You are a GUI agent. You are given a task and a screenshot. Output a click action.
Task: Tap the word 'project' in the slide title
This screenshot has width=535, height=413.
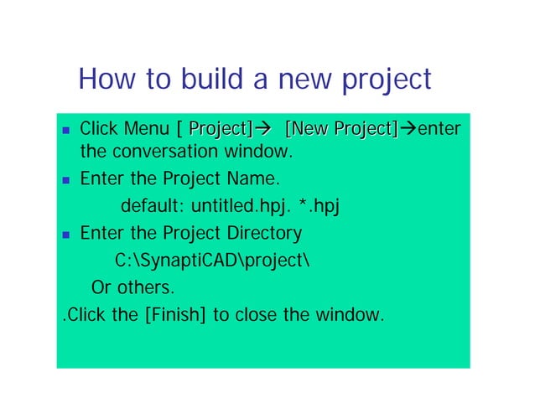[x=384, y=81]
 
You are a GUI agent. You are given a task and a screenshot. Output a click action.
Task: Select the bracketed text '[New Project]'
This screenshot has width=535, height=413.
[x=340, y=130]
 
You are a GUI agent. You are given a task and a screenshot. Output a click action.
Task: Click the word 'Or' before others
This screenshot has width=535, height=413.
[x=101, y=287]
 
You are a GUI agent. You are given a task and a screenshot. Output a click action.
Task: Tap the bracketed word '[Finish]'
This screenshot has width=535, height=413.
[x=172, y=315]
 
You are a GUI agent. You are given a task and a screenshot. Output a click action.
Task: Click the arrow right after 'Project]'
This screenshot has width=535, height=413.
[x=262, y=130]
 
